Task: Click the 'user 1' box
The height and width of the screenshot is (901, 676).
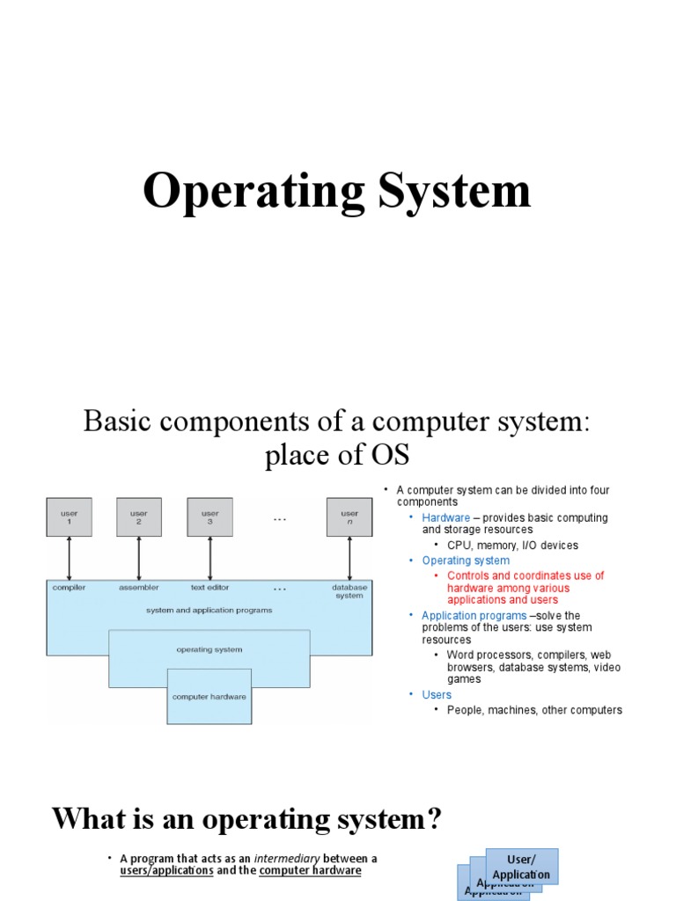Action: click(69, 517)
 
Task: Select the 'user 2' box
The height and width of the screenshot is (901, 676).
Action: click(139, 517)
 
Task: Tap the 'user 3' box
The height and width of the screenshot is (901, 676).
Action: click(209, 517)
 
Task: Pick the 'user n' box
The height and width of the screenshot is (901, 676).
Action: click(349, 517)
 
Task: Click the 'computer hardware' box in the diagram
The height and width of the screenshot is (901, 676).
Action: click(209, 696)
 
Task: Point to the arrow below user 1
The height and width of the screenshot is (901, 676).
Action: click(69, 558)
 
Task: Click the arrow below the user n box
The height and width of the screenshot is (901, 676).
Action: click(349, 558)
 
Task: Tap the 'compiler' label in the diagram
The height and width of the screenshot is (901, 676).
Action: click(69, 588)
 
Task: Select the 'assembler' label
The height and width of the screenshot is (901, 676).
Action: click(139, 588)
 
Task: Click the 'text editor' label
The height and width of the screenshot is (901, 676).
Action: click(209, 588)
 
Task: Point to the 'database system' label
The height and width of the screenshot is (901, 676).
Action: click(349, 591)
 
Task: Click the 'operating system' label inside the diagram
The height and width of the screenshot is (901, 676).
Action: click(209, 650)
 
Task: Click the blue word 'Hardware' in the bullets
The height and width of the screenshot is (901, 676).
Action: click(445, 518)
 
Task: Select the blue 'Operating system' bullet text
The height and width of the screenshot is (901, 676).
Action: click(466, 560)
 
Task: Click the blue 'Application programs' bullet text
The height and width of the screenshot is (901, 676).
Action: click(474, 616)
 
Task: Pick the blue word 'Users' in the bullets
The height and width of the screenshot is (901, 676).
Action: click(437, 695)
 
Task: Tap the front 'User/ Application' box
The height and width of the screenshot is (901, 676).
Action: click(521, 867)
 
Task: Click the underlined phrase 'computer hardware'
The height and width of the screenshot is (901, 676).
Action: click(310, 871)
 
